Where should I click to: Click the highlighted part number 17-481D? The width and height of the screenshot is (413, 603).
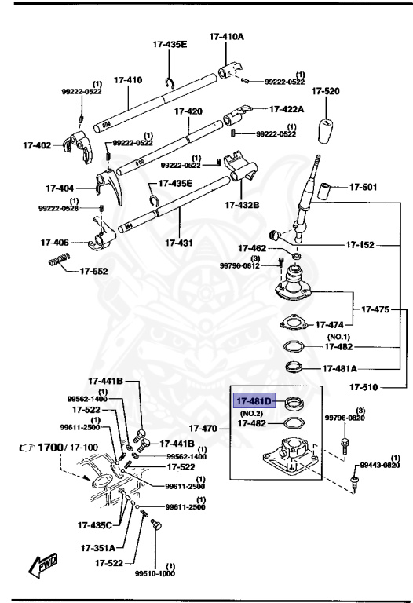pyautogui.click(x=253, y=401)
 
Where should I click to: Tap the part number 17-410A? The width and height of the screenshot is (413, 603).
pyautogui.click(x=226, y=36)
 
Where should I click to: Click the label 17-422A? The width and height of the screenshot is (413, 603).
pyautogui.click(x=291, y=110)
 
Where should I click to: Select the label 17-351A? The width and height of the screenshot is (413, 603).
pyautogui.click(x=97, y=547)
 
